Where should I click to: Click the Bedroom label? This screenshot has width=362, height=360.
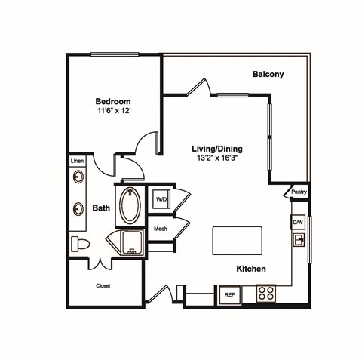113,101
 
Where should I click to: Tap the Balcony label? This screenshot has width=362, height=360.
268,74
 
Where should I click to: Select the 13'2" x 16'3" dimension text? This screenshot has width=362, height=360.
217,158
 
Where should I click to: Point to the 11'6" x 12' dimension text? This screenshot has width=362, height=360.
113,111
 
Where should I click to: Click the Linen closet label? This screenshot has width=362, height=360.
77,161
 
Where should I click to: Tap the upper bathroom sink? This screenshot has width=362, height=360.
78,177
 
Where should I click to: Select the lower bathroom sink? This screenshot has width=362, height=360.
78,208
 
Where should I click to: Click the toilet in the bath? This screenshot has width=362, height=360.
80,245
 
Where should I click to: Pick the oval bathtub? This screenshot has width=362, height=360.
130,205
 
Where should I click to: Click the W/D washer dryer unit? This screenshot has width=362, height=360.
161,199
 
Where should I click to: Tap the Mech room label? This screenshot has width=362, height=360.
161,229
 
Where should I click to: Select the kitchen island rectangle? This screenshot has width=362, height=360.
238,241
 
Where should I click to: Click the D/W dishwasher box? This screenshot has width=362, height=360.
298,222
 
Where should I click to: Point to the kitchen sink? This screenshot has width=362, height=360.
299,240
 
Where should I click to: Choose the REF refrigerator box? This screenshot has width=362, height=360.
229,294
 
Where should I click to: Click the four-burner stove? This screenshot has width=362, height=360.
266,293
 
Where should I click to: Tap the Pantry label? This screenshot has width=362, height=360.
299,192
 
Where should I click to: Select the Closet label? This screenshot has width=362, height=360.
103,286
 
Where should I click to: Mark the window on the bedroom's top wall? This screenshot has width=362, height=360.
115,54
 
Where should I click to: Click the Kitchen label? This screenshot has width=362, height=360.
251,269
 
